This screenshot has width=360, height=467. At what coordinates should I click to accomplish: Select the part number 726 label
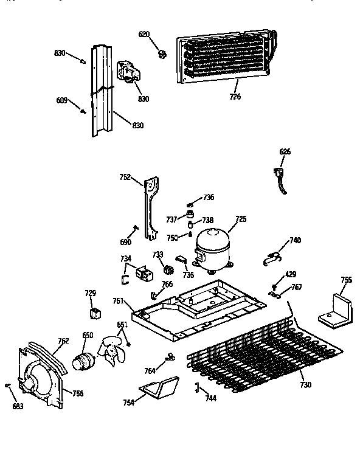click(x=235, y=96)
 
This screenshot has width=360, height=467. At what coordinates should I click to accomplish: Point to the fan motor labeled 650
click(x=83, y=359)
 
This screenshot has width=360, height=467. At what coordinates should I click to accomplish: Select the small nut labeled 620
click(x=162, y=55)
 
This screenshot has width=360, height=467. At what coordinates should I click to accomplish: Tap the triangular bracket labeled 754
click(x=160, y=387)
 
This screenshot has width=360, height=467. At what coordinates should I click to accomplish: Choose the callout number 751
click(x=118, y=300)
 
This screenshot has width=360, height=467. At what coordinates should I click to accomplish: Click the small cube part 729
click(x=95, y=314)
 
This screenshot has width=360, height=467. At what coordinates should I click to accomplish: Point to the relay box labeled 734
click(x=145, y=274)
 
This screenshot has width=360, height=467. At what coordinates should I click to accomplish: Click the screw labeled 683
click(x=7, y=386)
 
